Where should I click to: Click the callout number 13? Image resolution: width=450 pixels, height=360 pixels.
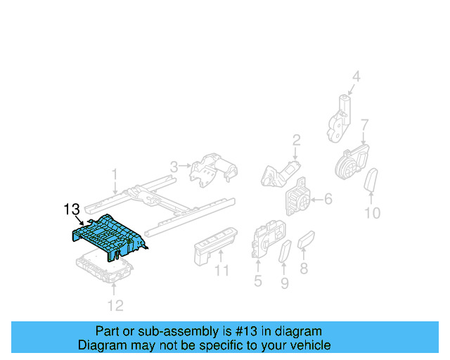click(x=72, y=209)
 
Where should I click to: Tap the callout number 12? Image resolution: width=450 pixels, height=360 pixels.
click(x=115, y=304)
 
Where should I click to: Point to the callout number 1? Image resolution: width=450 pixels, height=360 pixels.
click(x=115, y=173)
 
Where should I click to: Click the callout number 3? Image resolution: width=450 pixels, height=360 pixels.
click(x=174, y=167)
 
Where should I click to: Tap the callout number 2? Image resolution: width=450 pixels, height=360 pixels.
click(x=296, y=139)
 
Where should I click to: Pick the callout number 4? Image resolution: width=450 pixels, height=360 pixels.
click(x=356, y=77)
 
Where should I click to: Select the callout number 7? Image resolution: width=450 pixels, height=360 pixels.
click(x=364, y=125)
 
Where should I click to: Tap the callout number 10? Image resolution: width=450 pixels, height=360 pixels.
click(x=373, y=212)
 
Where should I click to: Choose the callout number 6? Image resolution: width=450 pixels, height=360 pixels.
click(x=328, y=200)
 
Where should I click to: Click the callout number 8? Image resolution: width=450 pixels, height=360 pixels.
click(x=304, y=269)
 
